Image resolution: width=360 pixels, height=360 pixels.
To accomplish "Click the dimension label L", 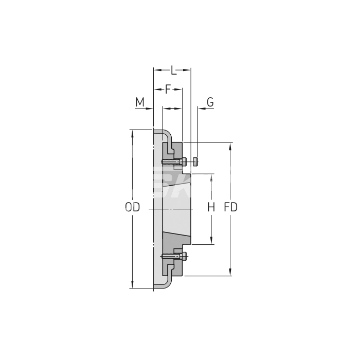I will (x=173, y=69).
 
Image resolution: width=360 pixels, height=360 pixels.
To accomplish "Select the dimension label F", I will (x=168, y=89).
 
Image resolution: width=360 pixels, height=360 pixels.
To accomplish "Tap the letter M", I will (x=140, y=102).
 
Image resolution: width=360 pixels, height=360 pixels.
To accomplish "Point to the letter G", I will (x=210, y=102).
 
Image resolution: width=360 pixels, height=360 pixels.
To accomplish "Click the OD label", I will (x=132, y=207).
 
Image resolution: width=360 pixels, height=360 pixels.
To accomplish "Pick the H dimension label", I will (x=211, y=207).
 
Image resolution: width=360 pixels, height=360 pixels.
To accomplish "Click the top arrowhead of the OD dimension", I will (x=133, y=132).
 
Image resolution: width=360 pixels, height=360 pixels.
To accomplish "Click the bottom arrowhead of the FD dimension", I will (x=230, y=273).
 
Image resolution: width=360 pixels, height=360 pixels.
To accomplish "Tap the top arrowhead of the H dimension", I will (x=211, y=177).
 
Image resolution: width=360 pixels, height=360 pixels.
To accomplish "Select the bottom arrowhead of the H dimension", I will (x=211, y=241).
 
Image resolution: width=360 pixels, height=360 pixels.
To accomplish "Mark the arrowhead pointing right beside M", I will (x=151, y=109).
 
